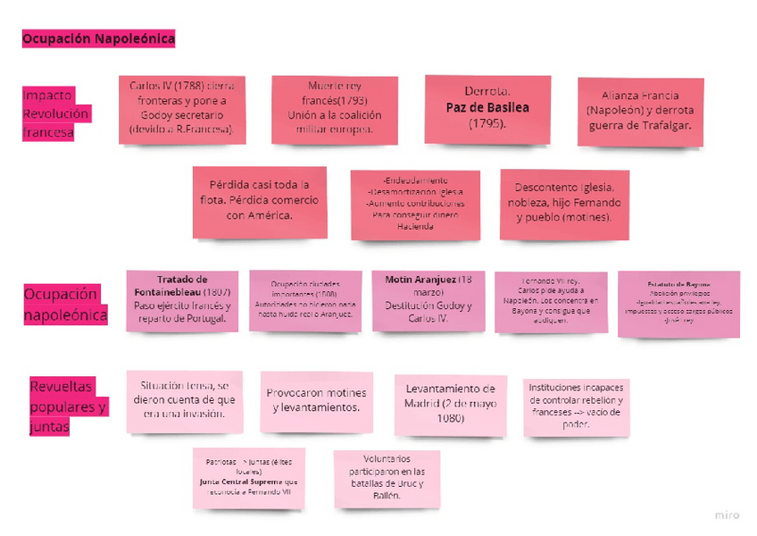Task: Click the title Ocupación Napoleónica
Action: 98,38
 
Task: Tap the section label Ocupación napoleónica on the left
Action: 64,304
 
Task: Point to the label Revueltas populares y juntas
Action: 67,406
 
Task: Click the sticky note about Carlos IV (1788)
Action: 182,109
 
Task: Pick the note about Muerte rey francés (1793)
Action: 334,109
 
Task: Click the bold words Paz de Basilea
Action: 487,107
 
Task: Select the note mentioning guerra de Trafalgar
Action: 640,111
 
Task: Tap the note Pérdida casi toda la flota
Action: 259,202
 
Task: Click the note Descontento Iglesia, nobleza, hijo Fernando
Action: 564,203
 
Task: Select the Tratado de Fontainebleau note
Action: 182,300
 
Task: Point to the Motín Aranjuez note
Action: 428,300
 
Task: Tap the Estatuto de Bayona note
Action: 678,303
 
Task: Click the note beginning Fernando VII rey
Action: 551,302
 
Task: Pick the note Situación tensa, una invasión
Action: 185,399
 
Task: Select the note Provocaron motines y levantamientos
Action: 316,400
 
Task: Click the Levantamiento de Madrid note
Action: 450,405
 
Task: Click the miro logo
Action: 727,515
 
